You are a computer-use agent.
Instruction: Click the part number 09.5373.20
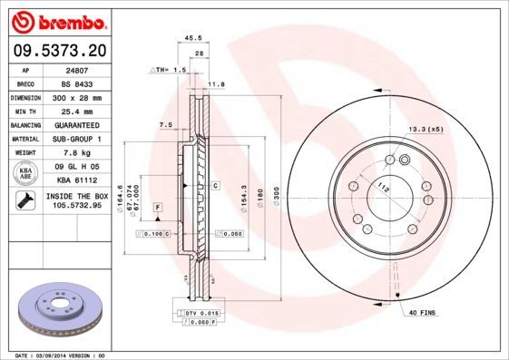[x=62, y=50]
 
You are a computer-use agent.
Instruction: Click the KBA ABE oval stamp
[x=25, y=173]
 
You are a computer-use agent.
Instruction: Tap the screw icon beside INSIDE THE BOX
[x=25, y=200]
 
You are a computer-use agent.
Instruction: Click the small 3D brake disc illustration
[x=60, y=307]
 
